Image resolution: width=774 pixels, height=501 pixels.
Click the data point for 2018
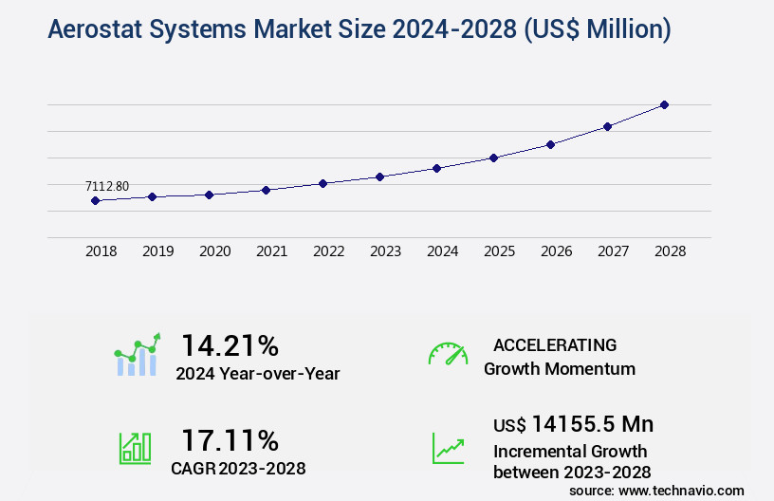pyautogui.click(x=95, y=200)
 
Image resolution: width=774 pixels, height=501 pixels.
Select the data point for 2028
pyautogui.click(x=664, y=104)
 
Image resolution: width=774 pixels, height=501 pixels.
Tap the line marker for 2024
pyautogui.click(x=436, y=168)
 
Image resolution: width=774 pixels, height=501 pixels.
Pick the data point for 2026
pyautogui.click(x=550, y=144)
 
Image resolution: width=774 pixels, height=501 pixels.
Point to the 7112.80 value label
pyautogui.click(x=106, y=186)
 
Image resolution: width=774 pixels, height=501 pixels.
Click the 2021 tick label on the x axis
pyautogui.click(x=271, y=251)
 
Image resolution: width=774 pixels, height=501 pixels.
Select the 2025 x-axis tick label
pyautogui.click(x=499, y=251)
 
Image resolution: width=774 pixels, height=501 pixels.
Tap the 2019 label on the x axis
pyautogui.click(x=157, y=251)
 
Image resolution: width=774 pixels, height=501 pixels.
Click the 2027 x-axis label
pyautogui.click(x=613, y=251)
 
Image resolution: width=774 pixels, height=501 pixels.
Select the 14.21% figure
pyautogui.click(x=230, y=344)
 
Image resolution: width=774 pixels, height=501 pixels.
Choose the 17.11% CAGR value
pyautogui.click(x=230, y=440)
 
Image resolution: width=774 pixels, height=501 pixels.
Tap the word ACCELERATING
pyautogui.click(x=554, y=345)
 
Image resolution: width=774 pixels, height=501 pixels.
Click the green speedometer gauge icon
pyautogui.click(x=448, y=354)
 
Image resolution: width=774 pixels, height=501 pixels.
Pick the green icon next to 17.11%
pyautogui.click(x=135, y=448)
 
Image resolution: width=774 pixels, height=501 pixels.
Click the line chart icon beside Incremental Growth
pyautogui.click(x=448, y=448)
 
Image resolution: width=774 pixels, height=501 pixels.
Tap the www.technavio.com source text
pyautogui.click(x=681, y=490)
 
